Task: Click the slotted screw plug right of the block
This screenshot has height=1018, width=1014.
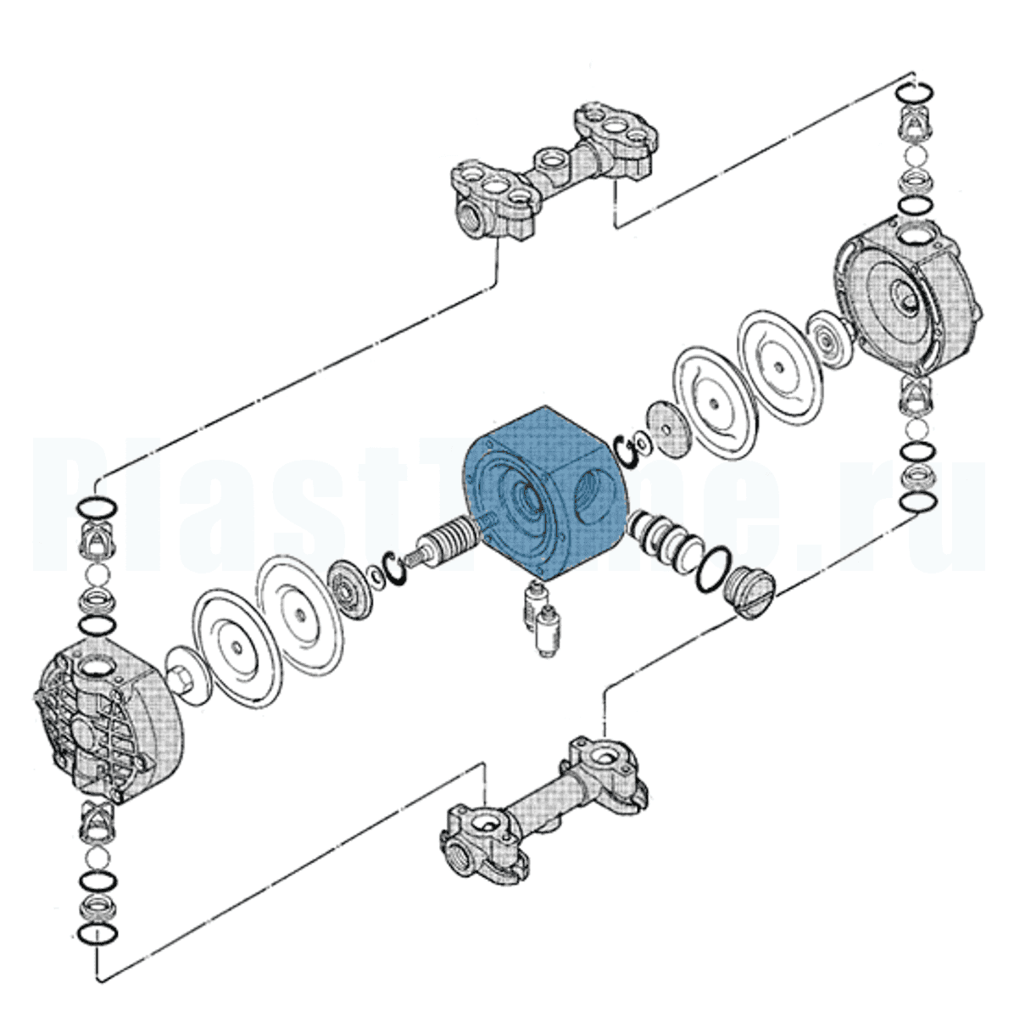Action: [x=749, y=590]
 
